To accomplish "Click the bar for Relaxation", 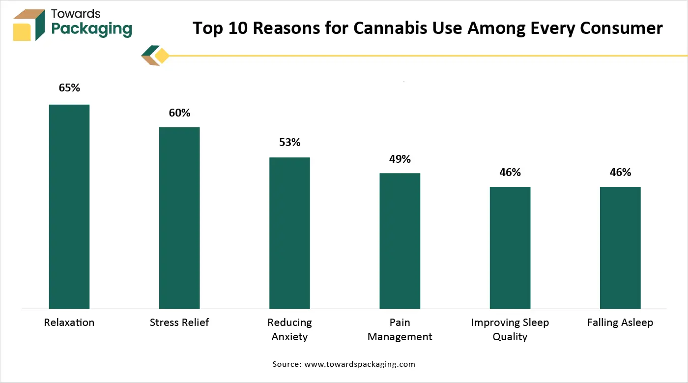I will tap(69, 206).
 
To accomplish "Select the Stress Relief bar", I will tap(179, 218).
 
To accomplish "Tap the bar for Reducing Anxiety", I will tap(289, 233).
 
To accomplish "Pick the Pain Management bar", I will tap(400, 241).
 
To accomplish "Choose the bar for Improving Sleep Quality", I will tap(510, 248).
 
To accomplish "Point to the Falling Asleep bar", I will tap(620, 248).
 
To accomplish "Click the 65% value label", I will tap(69, 88).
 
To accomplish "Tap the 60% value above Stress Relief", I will tap(179, 113).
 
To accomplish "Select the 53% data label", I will tap(289, 143).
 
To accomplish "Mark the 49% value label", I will tap(400, 159).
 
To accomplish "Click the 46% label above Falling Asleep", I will tap(620, 173).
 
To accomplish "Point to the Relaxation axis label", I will tap(69, 323).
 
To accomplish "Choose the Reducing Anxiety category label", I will tap(289, 329).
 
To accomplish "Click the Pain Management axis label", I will tap(400, 329).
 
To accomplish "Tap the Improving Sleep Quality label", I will tap(510, 329).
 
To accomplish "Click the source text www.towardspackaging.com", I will tap(360, 364).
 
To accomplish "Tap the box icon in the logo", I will tap(29, 25).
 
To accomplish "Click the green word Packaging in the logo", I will tap(92, 29).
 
